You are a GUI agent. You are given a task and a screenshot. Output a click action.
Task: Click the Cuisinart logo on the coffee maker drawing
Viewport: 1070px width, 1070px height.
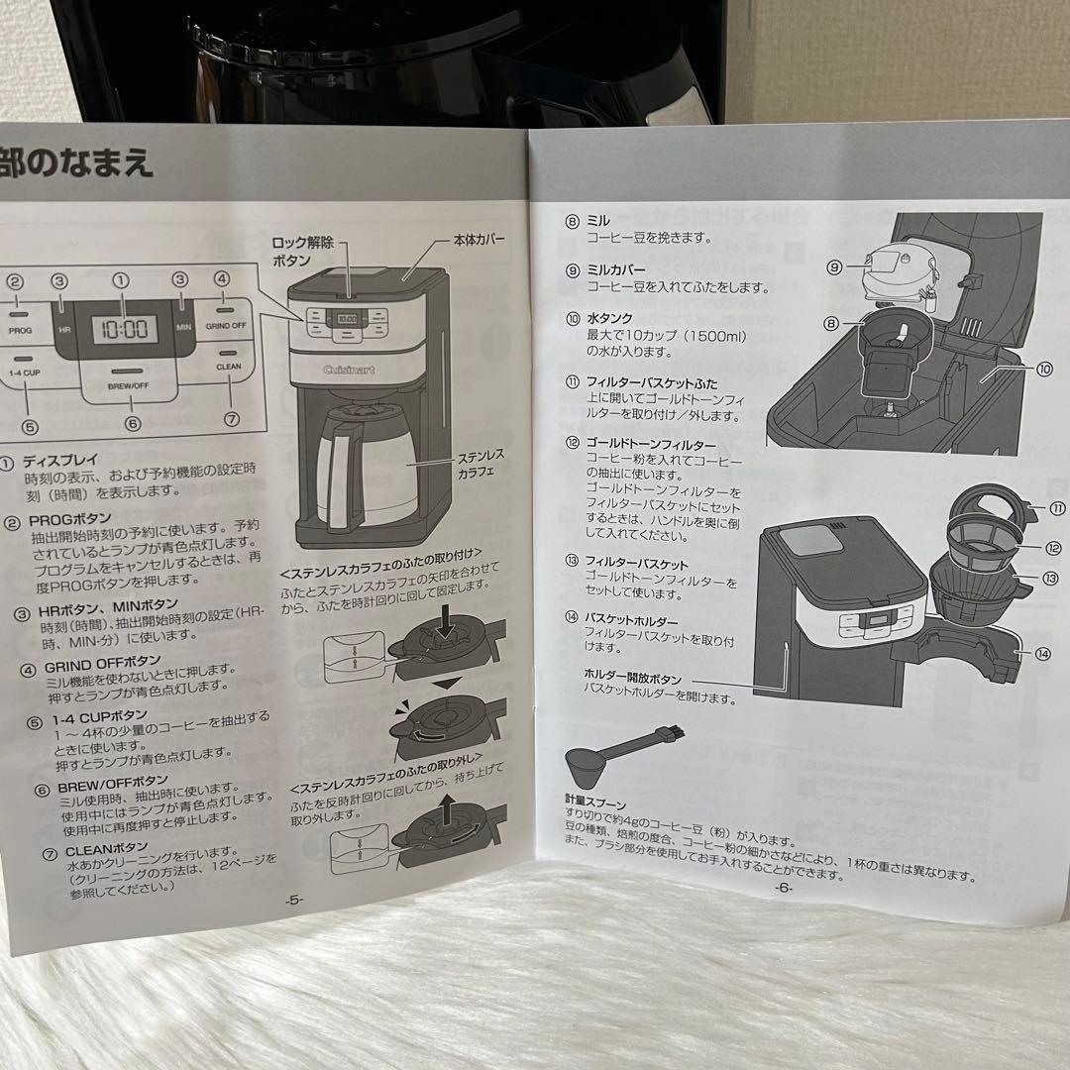coord(346,370)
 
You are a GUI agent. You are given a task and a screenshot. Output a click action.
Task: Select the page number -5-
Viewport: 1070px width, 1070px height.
coord(293,901)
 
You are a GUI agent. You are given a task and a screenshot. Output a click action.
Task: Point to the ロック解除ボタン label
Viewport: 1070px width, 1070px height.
coord(302,251)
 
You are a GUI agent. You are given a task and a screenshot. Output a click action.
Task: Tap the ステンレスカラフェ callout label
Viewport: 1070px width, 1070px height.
coord(480,464)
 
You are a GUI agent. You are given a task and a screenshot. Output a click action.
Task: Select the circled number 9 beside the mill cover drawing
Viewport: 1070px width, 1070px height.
coord(834,267)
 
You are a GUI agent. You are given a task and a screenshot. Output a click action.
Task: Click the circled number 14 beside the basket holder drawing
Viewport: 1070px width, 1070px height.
coord(1044,653)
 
